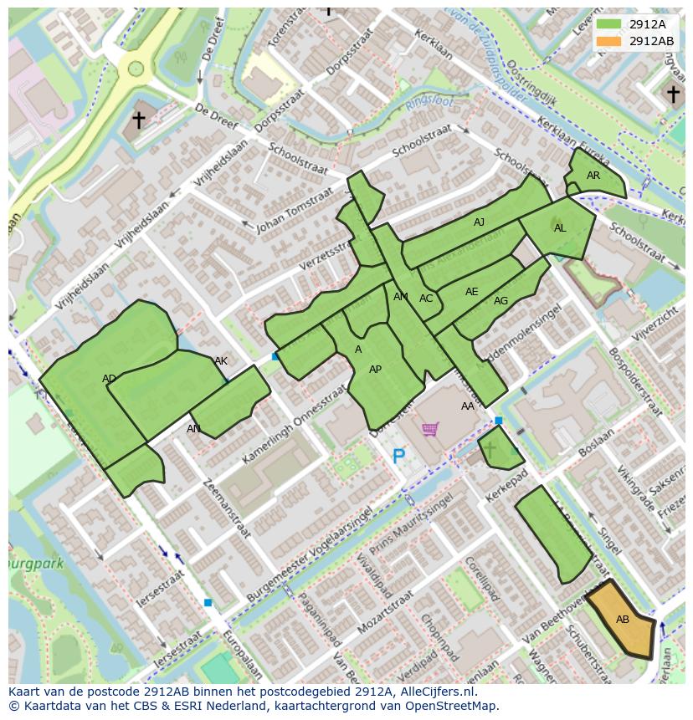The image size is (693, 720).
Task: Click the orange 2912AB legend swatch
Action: (x=609, y=41)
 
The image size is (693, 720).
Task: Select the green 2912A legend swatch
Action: (x=609, y=24)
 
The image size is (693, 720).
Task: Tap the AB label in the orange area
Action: (x=623, y=620)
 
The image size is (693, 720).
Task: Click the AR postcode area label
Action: (x=593, y=176)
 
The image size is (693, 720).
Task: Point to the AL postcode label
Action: (x=560, y=228)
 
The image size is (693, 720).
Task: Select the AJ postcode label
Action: (x=479, y=222)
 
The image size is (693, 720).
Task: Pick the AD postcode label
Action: (x=109, y=379)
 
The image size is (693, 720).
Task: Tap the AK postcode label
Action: (x=221, y=361)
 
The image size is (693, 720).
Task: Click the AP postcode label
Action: (x=375, y=370)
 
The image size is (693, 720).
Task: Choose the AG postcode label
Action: (x=501, y=301)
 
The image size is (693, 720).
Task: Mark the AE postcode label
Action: (x=471, y=292)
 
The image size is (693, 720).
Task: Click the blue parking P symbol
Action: (x=398, y=457)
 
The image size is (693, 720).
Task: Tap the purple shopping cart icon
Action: (x=430, y=429)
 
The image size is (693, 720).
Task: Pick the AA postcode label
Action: (x=468, y=406)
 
